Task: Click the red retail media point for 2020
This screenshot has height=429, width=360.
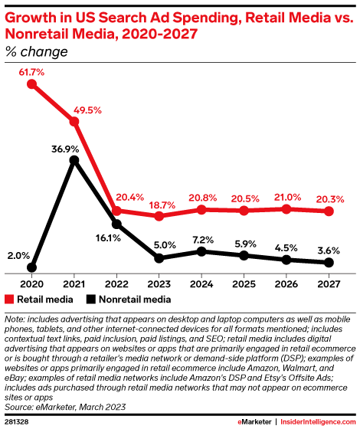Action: pyautogui.click(x=32, y=84)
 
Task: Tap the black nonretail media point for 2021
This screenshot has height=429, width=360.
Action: pyautogui.click(x=74, y=160)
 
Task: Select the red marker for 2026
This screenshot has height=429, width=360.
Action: pyautogui.click(x=286, y=208)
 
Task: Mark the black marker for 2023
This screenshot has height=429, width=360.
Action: pyautogui.click(x=159, y=258)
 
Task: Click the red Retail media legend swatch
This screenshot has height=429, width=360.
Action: pyautogui.click(x=10, y=299)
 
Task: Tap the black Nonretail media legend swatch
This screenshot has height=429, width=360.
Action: pyautogui.click(x=91, y=299)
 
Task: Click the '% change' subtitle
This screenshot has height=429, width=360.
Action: pyautogui.click(x=36, y=52)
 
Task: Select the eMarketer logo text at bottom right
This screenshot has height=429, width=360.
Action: pyautogui.click(x=254, y=421)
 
